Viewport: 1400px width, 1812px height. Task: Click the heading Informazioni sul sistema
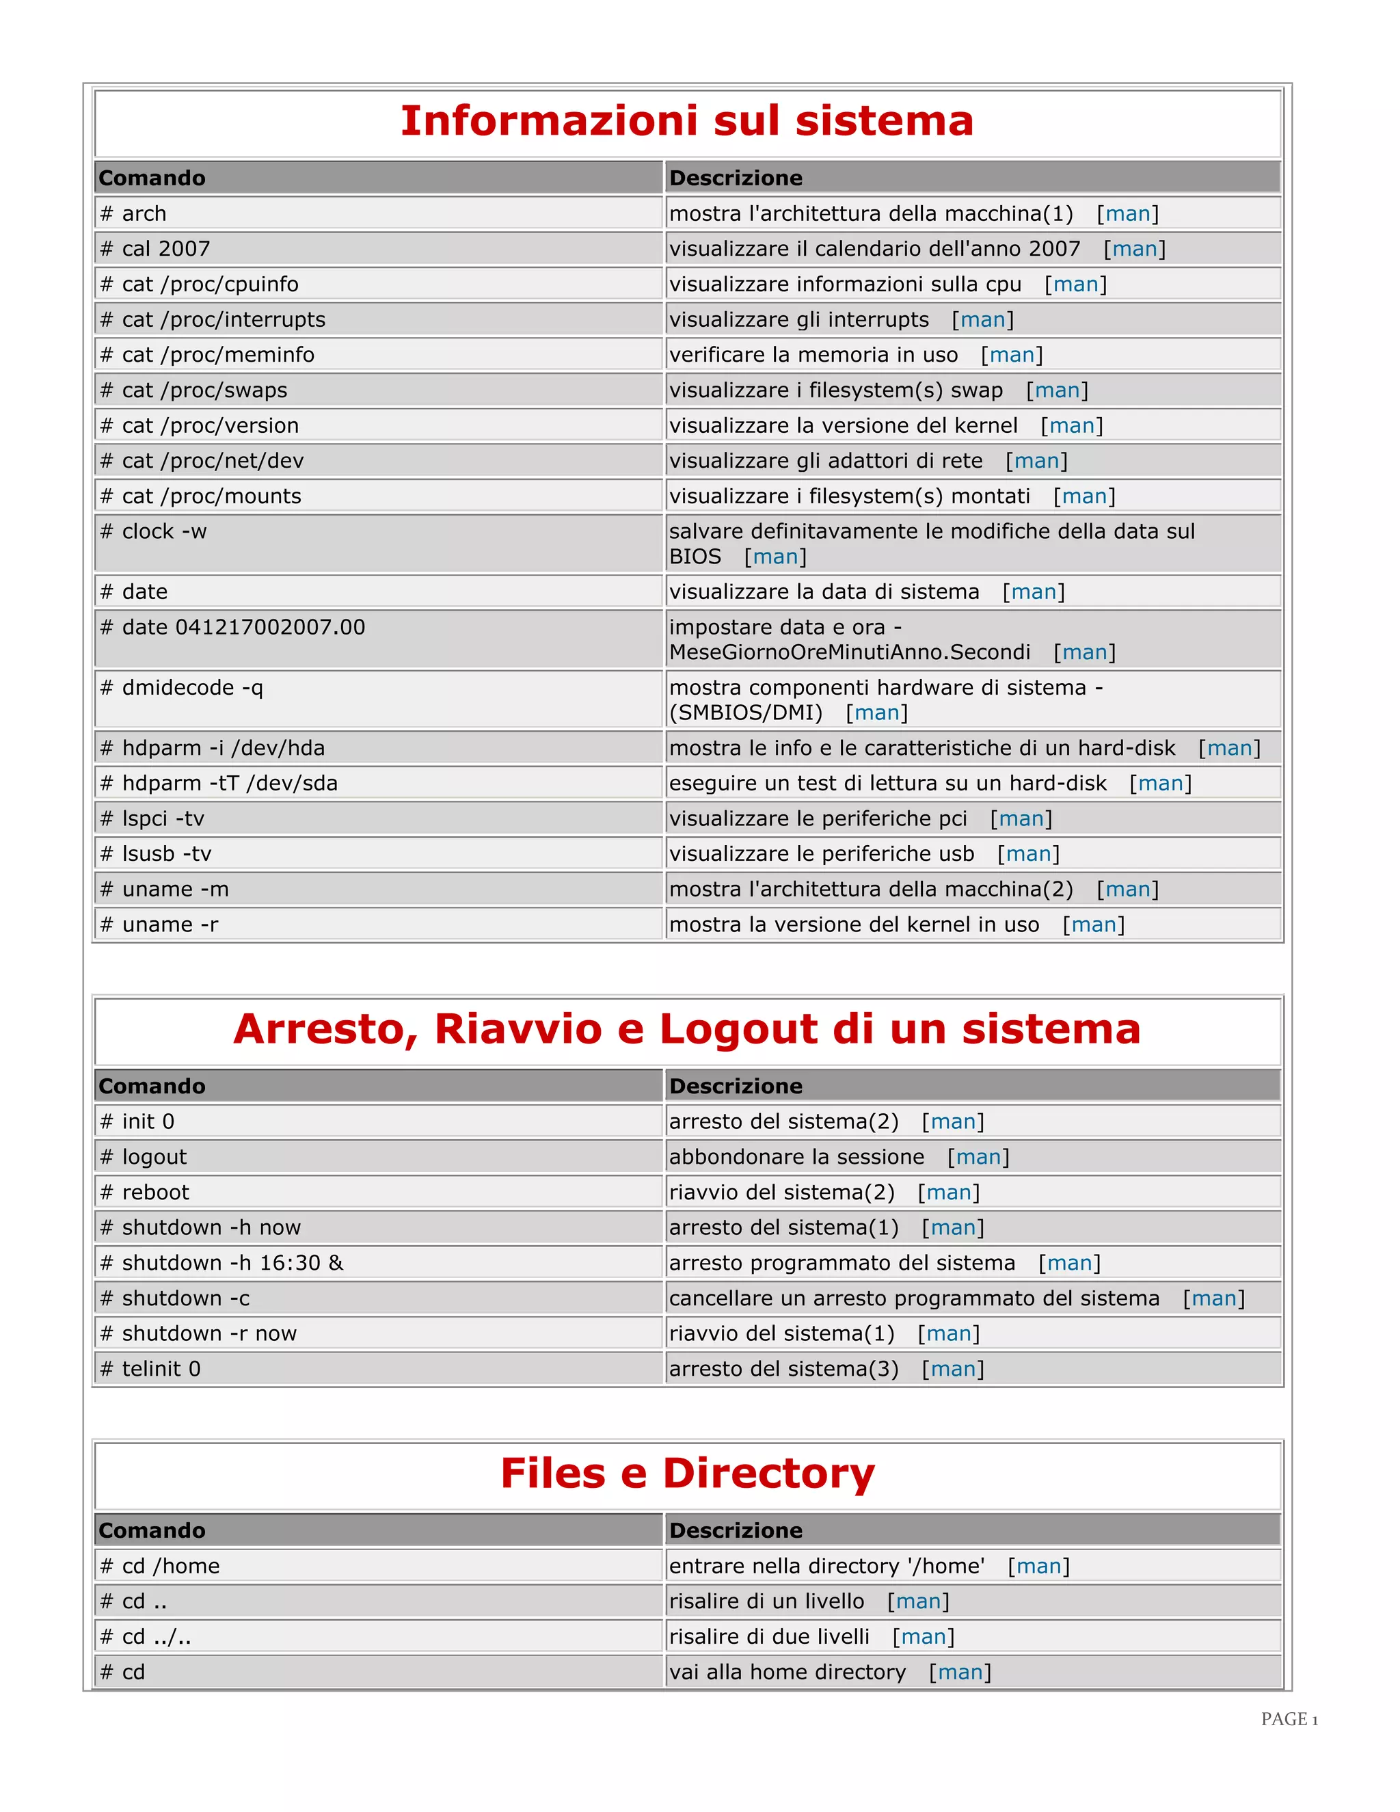[x=687, y=121]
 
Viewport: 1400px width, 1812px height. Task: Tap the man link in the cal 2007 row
[x=1134, y=249]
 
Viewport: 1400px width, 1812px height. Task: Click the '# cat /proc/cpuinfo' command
[x=199, y=284]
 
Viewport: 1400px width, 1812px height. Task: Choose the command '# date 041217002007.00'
[x=232, y=627]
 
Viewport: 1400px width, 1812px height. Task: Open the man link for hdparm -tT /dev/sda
[x=1160, y=783]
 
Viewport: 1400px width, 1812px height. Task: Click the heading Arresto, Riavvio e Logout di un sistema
[x=687, y=1029]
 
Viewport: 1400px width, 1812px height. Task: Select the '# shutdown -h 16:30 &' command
[x=221, y=1263]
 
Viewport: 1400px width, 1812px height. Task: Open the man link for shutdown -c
[x=1213, y=1298]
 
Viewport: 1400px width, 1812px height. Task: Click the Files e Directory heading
[x=687, y=1474]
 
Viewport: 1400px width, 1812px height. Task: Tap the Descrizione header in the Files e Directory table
[x=736, y=1530]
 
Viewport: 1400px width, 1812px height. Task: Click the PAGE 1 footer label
[x=1289, y=1719]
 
